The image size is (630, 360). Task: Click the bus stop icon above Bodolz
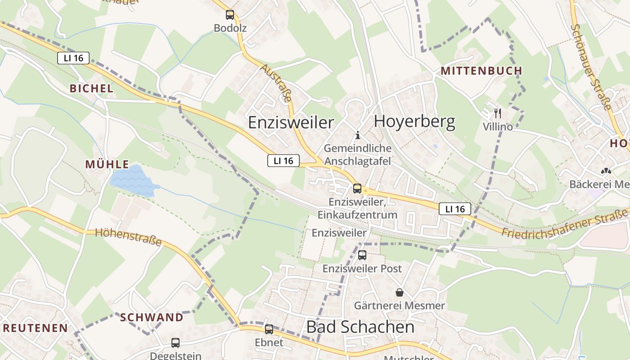coord(230,15)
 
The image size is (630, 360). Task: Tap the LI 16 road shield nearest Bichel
coord(73,58)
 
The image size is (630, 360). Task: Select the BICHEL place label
coord(91,88)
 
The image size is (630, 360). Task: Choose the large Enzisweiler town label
coord(291,122)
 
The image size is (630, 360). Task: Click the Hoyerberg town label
coord(414,122)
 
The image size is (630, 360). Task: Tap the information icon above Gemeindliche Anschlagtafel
coord(358,135)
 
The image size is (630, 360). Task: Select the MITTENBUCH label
coord(481,71)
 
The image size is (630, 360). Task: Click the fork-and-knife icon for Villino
coord(498,113)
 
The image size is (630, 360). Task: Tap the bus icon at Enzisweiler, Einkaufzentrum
coord(357,189)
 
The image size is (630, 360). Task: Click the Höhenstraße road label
coord(129,237)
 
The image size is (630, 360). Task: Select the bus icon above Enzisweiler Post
coord(362,255)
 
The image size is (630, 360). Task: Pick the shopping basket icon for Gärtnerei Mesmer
coord(400,292)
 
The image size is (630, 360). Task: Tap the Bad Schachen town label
coord(360,327)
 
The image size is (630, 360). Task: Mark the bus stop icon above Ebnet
coord(269,329)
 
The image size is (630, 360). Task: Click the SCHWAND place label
coord(152,317)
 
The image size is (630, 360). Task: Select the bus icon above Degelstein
coord(175,343)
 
